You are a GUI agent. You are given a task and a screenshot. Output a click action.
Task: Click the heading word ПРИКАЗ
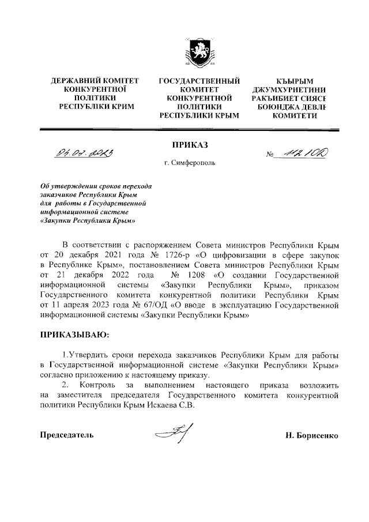tap(189, 143)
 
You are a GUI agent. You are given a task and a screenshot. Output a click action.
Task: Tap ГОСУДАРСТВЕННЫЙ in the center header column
tap(199, 81)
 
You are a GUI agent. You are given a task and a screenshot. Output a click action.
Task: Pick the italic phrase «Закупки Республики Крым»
tap(88, 220)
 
